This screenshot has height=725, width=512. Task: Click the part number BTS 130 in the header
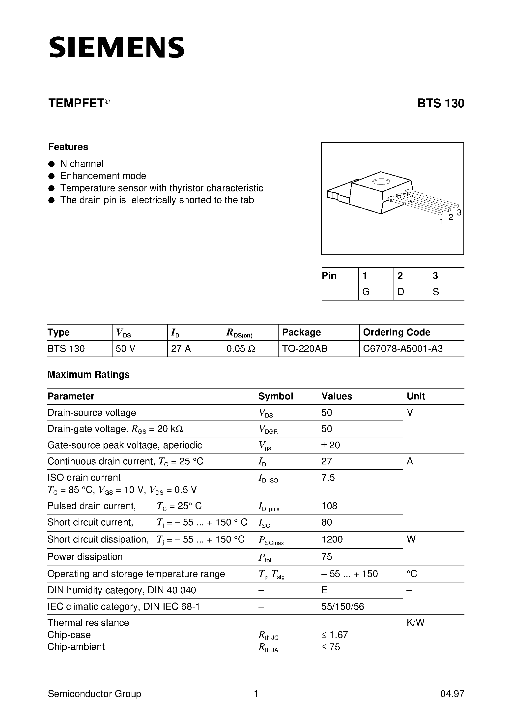(x=441, y=104)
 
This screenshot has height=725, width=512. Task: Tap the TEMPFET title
(x=76, y=104)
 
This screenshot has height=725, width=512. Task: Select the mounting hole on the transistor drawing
(x=381, y=181)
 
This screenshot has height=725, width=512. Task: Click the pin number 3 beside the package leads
(x=459, y=212)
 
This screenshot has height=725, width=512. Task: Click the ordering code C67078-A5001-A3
(x=403, y=349)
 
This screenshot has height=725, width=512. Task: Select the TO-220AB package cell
(x=305, y=349)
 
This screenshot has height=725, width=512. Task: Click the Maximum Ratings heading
(x=88, y=374)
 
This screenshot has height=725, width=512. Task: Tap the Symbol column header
(x=276, y=396)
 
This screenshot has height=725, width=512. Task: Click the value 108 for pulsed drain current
(x=329, y=506)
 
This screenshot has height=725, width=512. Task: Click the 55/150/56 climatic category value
(x=342, y=606)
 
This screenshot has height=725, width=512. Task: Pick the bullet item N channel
(x=82, y=164)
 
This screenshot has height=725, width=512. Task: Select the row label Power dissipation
(x=85, y=556)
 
